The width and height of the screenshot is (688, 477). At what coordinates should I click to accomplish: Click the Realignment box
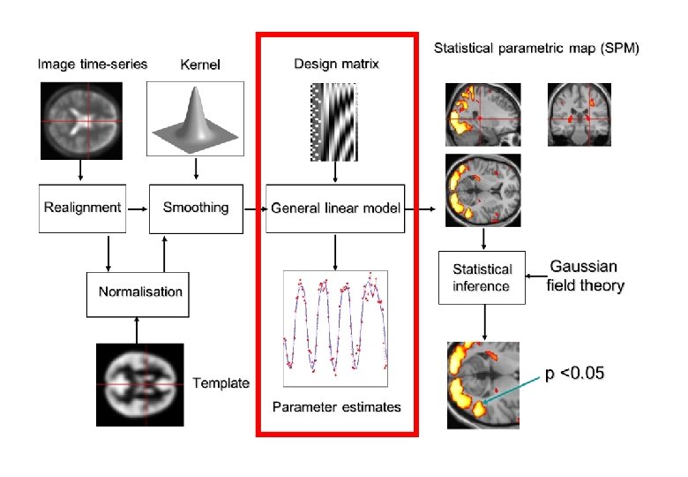(x=82, y=208)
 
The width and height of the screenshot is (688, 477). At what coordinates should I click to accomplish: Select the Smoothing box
(x=196, y=208)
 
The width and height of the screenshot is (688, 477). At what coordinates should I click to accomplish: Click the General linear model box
(x=335, y=208)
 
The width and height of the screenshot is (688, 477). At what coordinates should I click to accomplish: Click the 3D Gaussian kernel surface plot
(x=194, y=117)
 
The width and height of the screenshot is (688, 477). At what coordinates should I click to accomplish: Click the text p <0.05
(x=573, y=373)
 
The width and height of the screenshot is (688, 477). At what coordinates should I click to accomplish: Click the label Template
(x=221, y=383)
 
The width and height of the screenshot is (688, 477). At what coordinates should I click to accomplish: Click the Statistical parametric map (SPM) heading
(x=536, y=47)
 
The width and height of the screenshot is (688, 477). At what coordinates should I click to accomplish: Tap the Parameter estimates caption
(x=336, y=406)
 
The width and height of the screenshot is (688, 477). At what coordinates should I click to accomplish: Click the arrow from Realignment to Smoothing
(x=136, y=209)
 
